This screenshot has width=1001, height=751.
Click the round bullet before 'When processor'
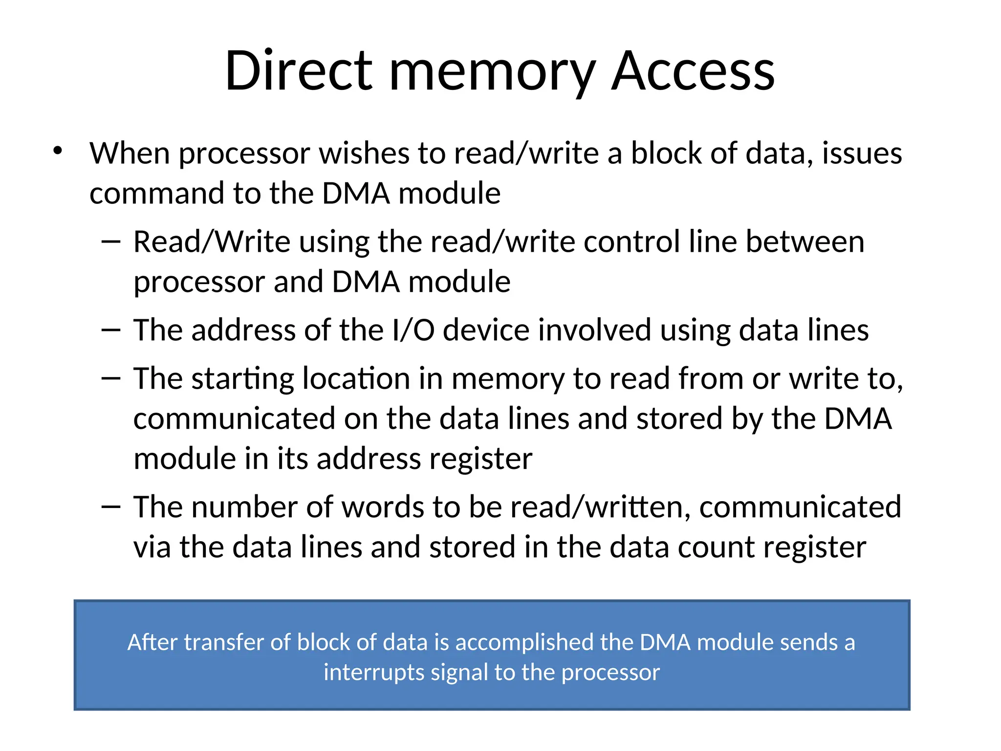(x=58, y=151)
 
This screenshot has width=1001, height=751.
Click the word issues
(x=862, y=153)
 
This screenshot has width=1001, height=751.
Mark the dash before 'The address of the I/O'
(x=111, y=330)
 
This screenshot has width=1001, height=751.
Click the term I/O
(x=413, y=330)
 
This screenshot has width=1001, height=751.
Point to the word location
(x=356, y=379)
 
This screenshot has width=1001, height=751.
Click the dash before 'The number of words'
(x=111, y=507)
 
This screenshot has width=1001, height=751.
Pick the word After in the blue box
(x=152, y=642)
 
